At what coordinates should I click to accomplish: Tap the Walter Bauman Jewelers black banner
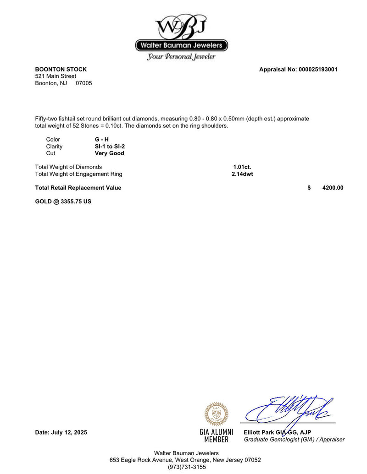click(x=182, y=45)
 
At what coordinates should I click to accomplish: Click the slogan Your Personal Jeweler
click(x=181, y=57)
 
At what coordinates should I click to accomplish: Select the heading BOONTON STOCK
click(x=61, y=69)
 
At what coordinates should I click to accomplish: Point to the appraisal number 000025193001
click(x=318, y=70)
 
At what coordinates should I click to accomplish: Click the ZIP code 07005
click(x=84, y=83)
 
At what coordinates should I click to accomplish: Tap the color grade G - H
click(x=99, y=140)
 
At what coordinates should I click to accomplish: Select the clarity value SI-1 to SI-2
click(x=106, y=147)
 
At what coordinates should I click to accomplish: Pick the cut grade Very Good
click(x=106, y=153)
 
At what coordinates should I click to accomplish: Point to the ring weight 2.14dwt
click(x=242, y=174)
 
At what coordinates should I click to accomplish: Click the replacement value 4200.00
click(x=333, y=188)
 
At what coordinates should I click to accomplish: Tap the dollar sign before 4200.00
click(x=309, y=188)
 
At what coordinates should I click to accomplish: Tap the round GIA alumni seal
click(x=216, y=414)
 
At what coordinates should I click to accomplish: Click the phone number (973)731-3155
click(x=183, y=467)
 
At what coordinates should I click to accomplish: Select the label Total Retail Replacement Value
click(x=78, y=188)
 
